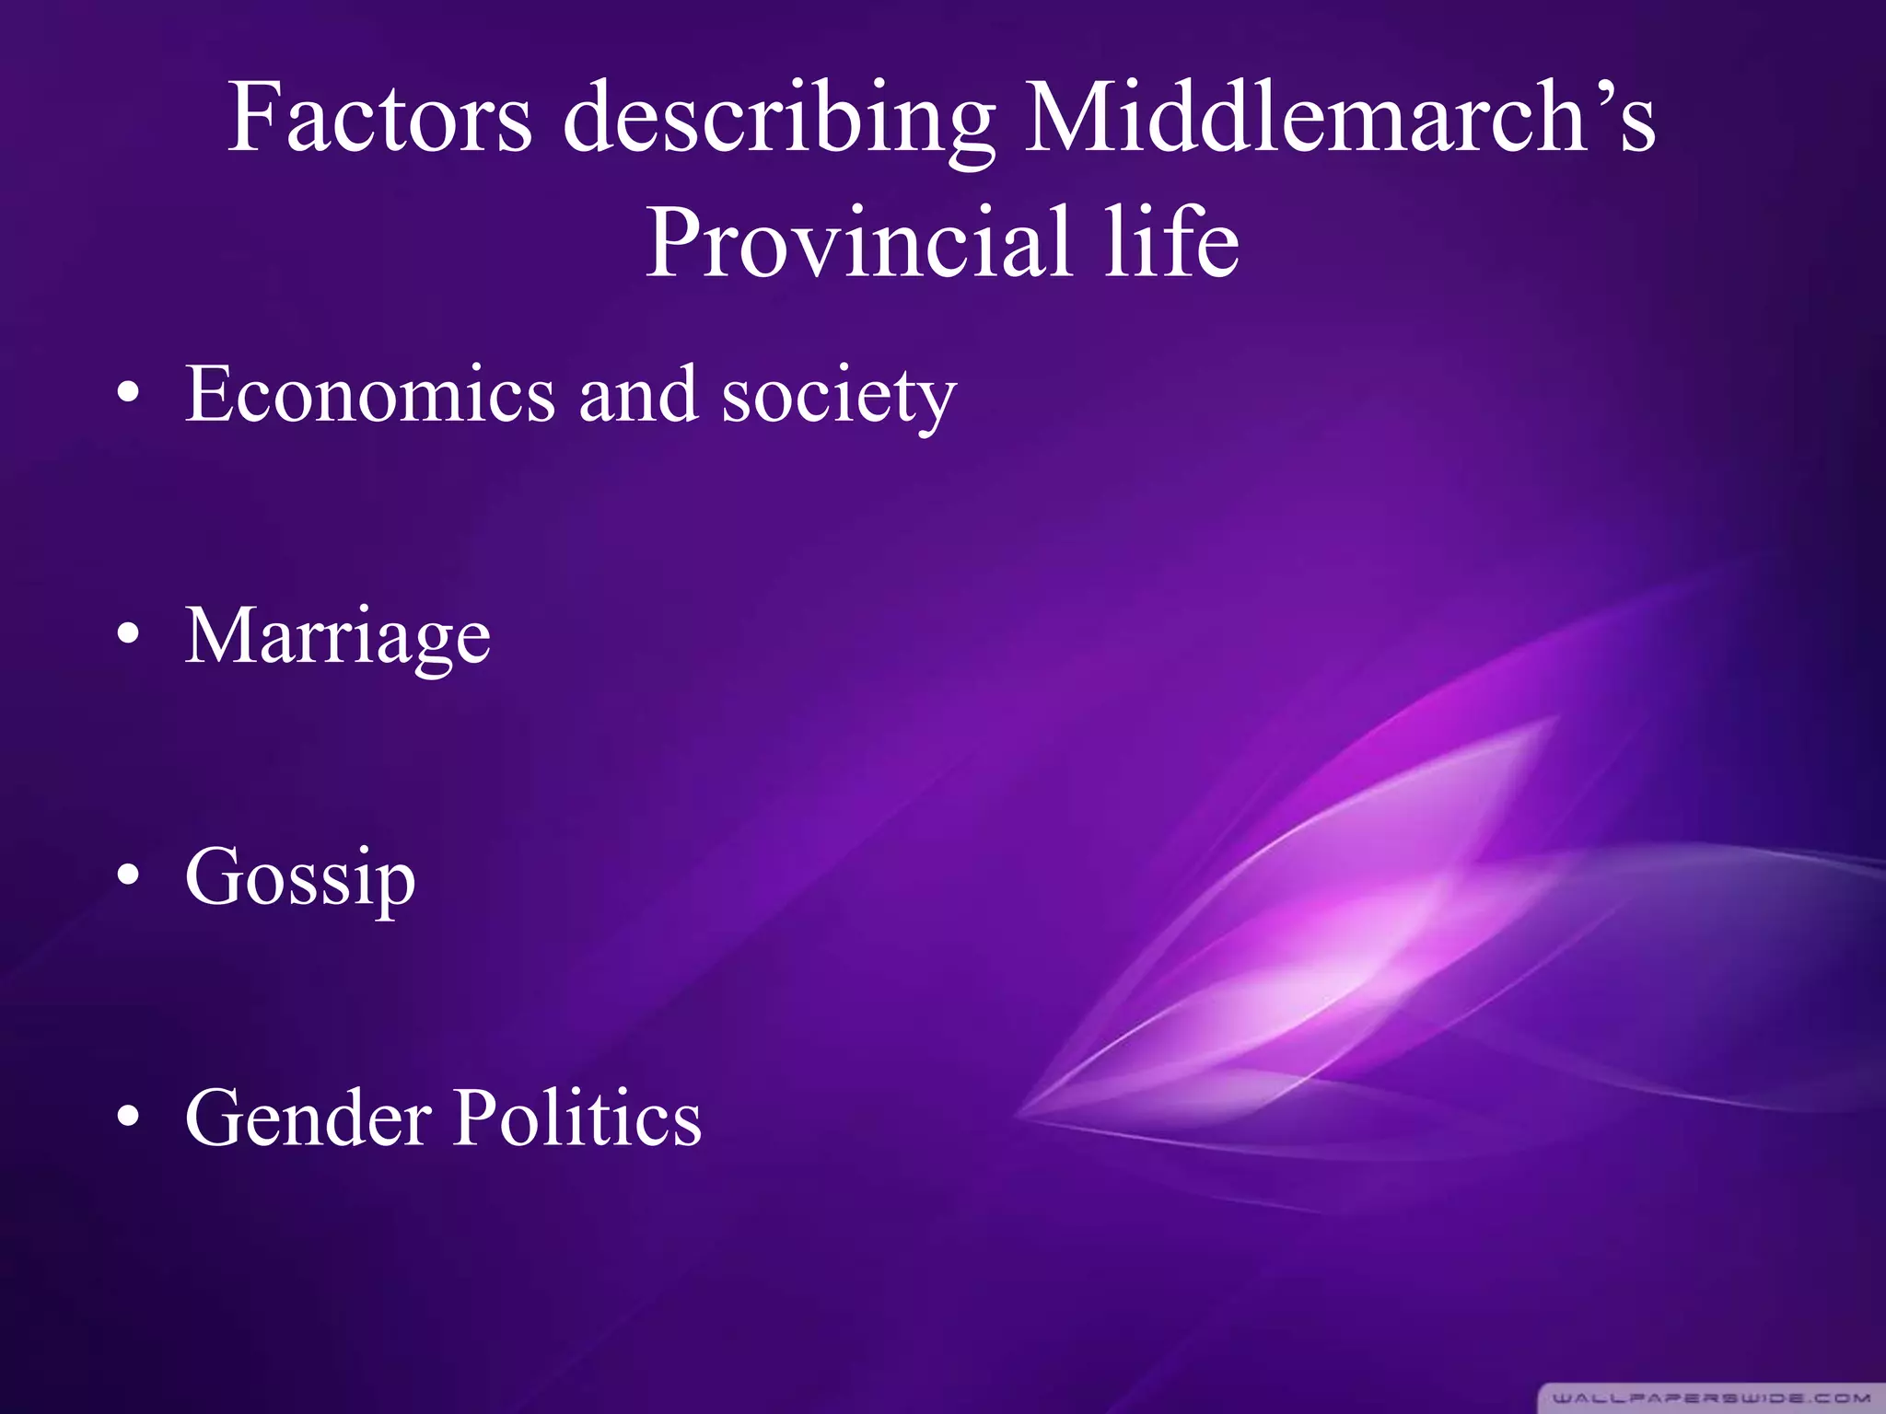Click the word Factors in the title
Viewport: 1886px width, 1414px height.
(x=379, y=118)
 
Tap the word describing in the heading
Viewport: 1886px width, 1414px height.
(x=778, y=120)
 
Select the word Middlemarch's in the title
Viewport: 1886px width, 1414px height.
(x=1340, y=118)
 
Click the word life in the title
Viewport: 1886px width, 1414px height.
(x=1171, y=241)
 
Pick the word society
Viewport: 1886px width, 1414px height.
(x=838, y=398)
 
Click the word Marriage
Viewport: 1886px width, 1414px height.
(x=338, y=637)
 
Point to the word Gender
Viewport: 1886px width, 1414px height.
(x=309, y=1118)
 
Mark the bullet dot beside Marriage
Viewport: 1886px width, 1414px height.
(x=129, y=635)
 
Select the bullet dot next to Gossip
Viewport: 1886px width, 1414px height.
(x=129, y=876)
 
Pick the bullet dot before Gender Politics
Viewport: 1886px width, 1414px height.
(x=129, y=1117)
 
